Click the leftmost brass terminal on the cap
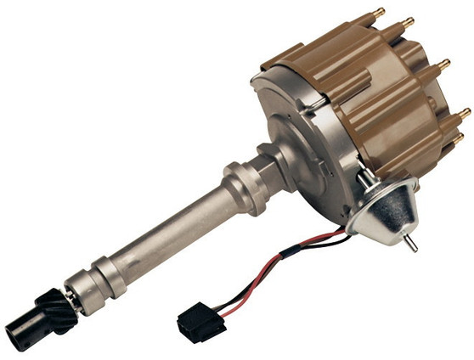(380, 13)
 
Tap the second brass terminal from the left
(408, 22)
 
